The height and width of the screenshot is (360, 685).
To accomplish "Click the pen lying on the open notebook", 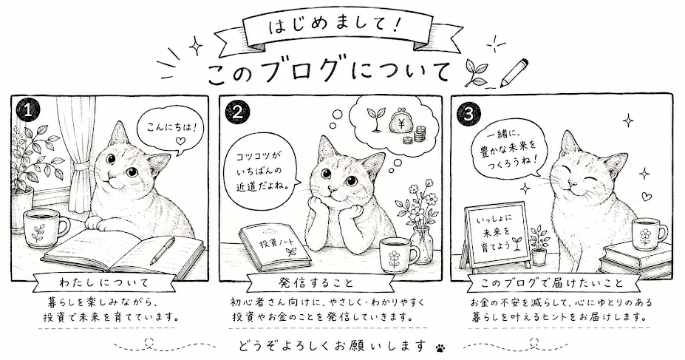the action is coord(163,251).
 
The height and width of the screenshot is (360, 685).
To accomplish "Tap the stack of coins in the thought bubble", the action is coord(417,135).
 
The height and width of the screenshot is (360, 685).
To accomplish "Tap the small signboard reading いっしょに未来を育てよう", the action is coord(495,237).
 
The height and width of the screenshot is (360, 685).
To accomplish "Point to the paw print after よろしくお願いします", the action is coord(440,347).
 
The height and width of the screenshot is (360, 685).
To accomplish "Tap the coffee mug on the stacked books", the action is coord(648,234).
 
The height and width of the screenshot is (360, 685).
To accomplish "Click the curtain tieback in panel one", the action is coord(80,167).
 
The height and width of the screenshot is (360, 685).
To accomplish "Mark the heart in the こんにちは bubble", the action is coord(178,140).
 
